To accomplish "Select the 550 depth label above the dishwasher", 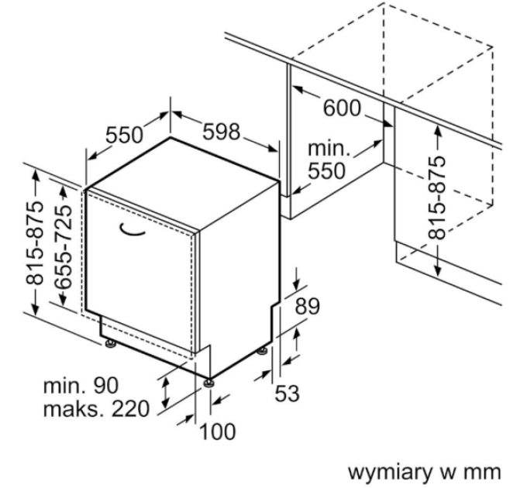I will click(125, 136).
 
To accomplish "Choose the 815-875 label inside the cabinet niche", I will click(439, 197).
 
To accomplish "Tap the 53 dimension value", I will click(287, 393).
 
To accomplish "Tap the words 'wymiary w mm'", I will click(425, 471).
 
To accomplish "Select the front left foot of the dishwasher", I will click(109, 340).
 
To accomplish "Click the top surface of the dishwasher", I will click(182, 174).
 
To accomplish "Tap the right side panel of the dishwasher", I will click(236, 279).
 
